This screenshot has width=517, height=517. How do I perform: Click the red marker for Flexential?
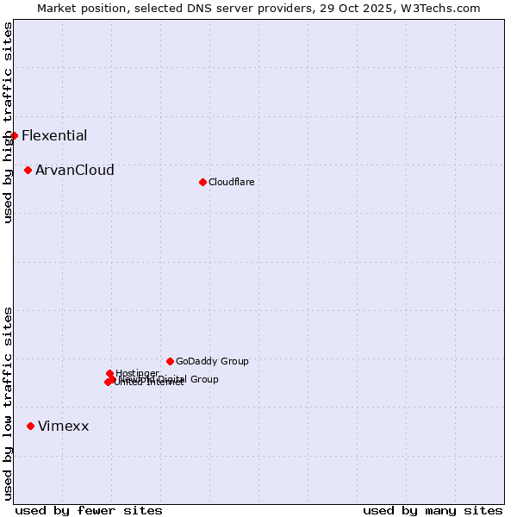pyautogui.click(x=14, y=135)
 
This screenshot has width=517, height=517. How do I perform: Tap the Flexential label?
pyautogui.click(x=54, y=135)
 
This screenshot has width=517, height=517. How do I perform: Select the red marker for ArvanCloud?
pyautogui.click(x=28, y=171)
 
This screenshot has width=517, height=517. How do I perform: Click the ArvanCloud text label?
pyautogui.click(x=75, y=171)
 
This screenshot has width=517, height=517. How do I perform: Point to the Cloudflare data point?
pyautogui.click(x=202, y=182)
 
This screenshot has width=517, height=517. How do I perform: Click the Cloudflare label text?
pyautogui.click(x=231, y=182)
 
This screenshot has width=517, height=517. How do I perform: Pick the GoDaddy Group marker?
pyautogui.click(x=170, y=361)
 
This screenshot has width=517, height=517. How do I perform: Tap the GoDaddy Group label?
pyautogui.click(x=212, y=361)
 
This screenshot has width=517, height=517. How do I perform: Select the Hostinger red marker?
pyautogui.click(x=110, y=373)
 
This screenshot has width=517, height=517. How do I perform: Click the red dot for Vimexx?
pyautogui.click(x=31, y=426)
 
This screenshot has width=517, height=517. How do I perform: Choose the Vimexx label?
pyautogui.click(x=64, y=426)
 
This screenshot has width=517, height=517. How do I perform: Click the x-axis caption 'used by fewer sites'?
pyautogui.click(x=89, y=510)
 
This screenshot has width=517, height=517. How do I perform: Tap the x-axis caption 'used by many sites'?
pyautogui.click(x=433, y=510)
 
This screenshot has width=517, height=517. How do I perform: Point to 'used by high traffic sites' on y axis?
pyautogui.click(x=8, y=122)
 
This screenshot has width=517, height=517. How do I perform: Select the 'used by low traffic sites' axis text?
pyautogui.click(x=8, y=402)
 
